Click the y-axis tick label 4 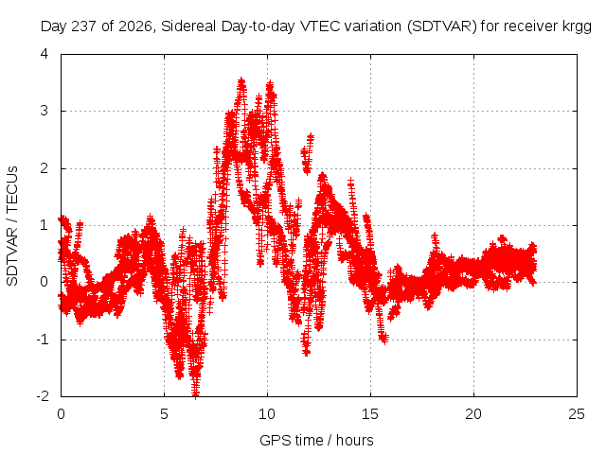pos(45,54)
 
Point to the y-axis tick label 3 pos(45,111)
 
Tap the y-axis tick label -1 pos(43,340)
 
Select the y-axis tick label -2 pos(43,396)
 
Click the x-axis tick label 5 pos(164,414)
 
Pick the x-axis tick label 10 pos(267,414)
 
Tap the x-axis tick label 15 pos(370,414)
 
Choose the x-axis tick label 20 pos(473,414)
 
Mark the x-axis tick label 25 pos(577,414)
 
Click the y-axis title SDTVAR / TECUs pos(12,226)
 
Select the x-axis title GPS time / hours pos(316,441)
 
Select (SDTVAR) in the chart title pos(442,26)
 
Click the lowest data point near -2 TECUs pos(196,394)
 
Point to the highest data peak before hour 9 pos(241,81)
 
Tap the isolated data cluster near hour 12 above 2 pos(307,153)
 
